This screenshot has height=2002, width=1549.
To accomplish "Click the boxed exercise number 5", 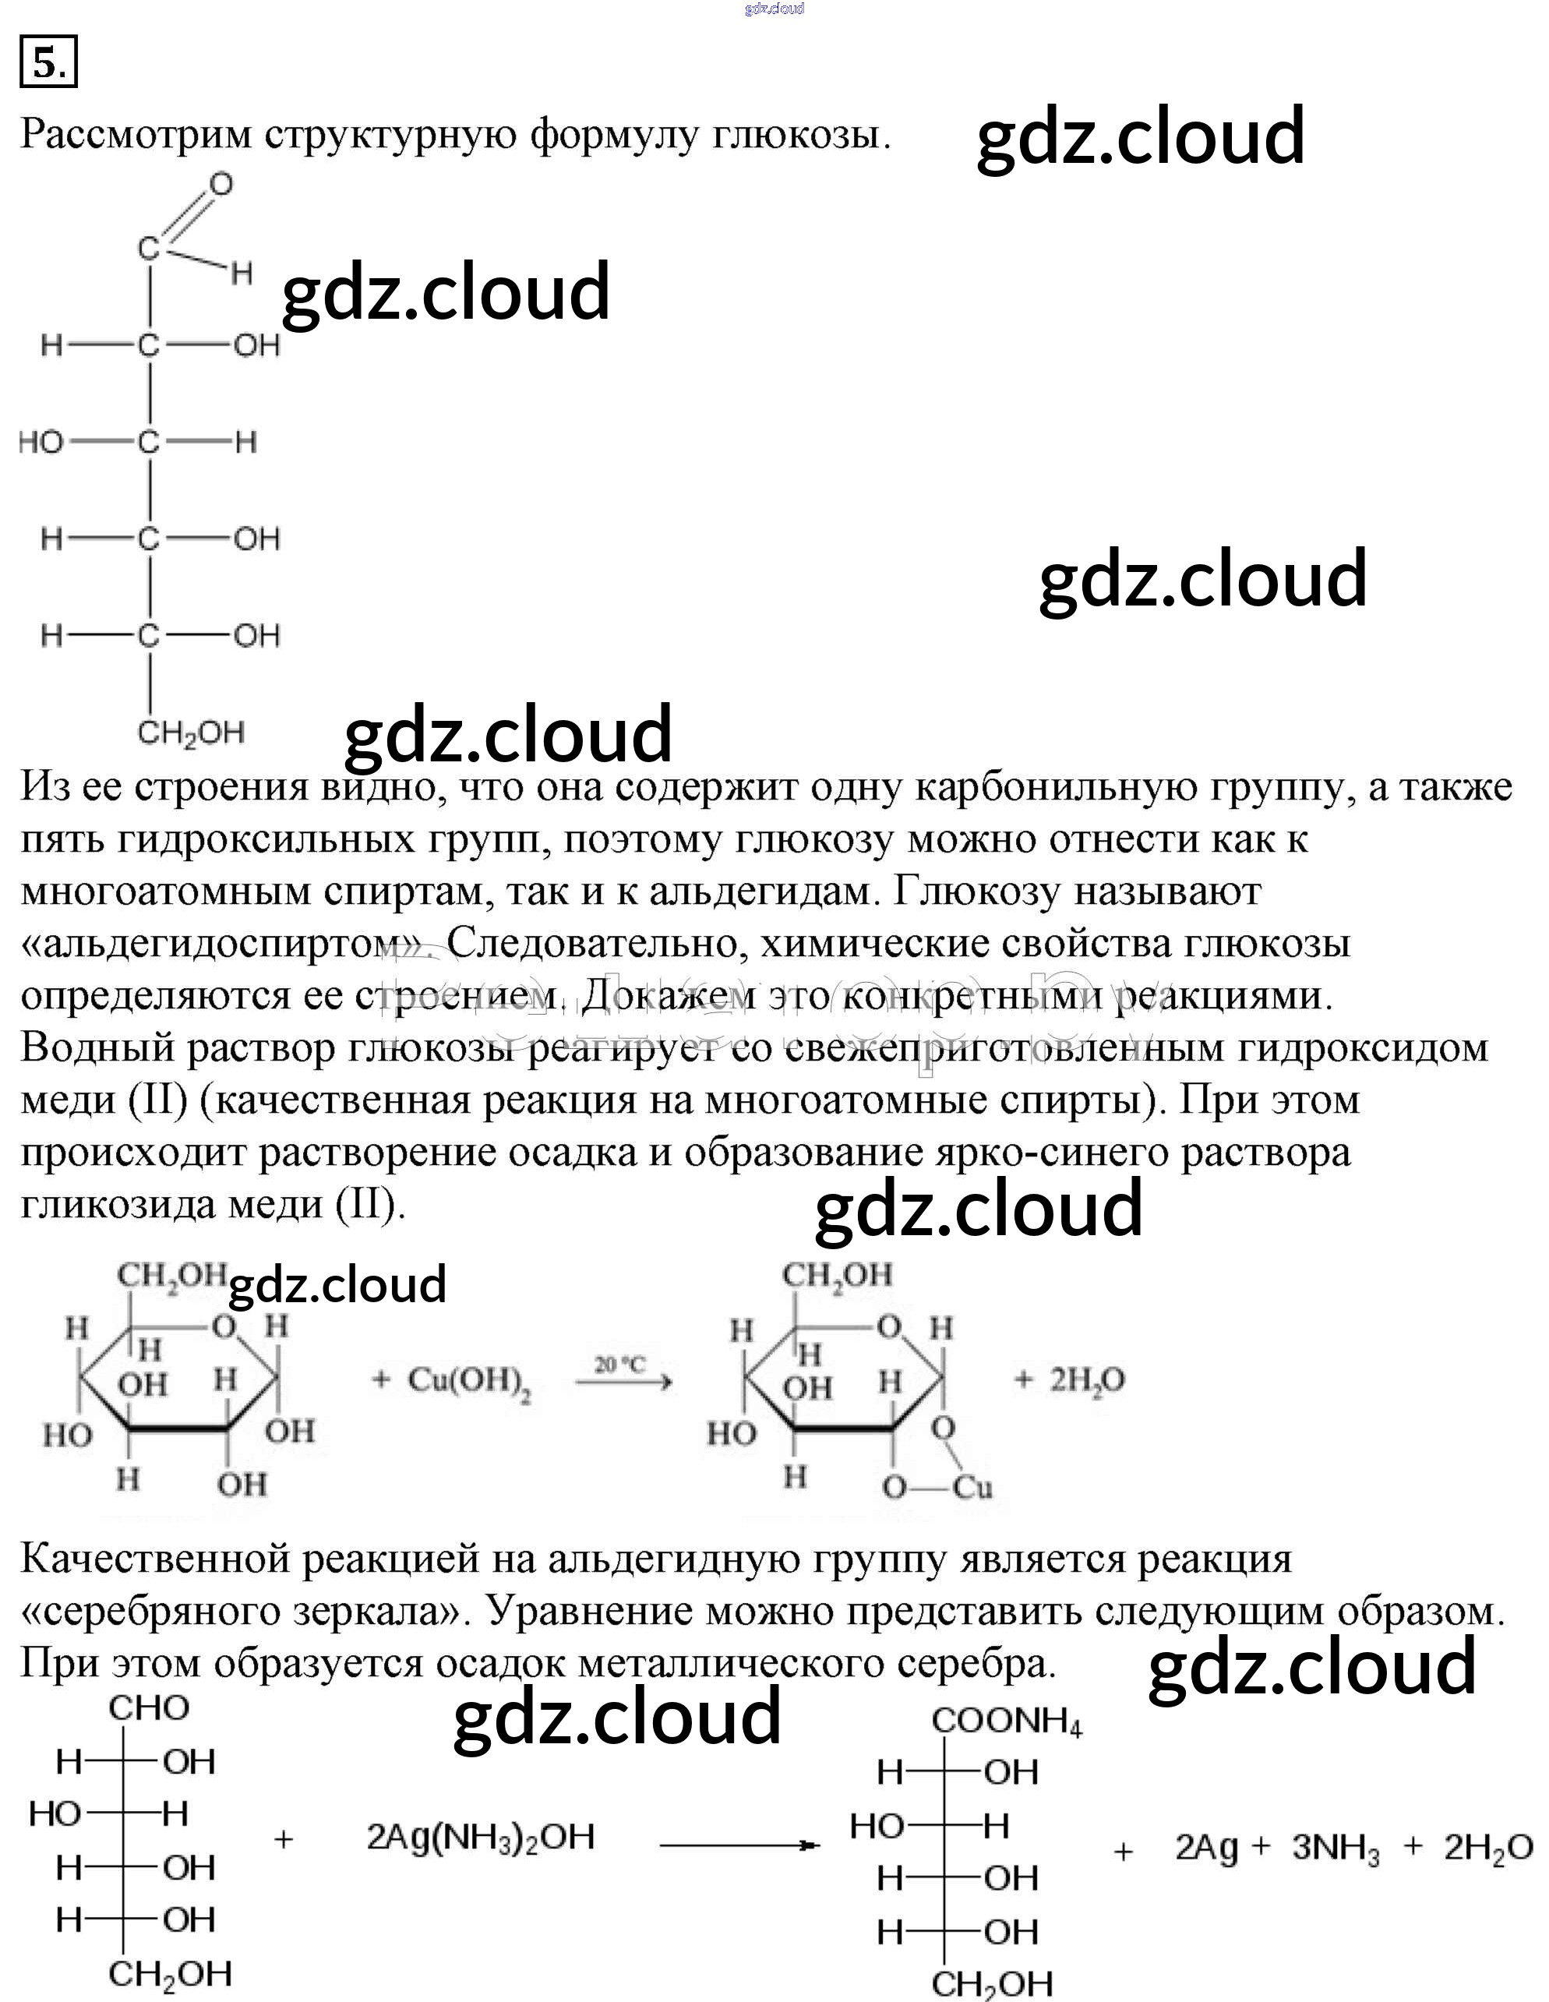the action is click(48, 62).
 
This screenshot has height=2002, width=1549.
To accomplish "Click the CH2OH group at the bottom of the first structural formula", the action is click(191, 733).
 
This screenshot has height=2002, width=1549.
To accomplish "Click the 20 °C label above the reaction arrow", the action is click(620, 1365).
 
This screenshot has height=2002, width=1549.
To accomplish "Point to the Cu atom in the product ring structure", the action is click(972, 1487).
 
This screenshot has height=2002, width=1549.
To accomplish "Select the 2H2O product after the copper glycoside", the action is click(1085, 1379).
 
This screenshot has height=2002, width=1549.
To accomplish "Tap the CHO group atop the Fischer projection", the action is click(149, 1707).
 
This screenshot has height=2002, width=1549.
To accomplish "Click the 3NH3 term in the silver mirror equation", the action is click(1335, 1848).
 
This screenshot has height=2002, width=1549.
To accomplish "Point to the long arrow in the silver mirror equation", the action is click(739, 1844).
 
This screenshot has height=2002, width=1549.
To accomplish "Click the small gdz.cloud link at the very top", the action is click(774, 9).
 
